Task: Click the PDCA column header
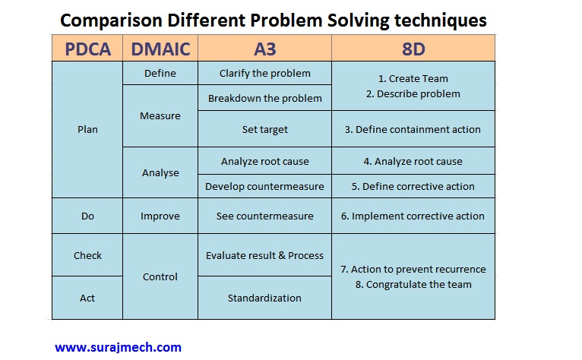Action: pyautogui.click(x=87, y=49)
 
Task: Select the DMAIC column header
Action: pyautogui.click(x=160, y=49)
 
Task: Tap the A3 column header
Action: pyautogui.click(x=264, y=49)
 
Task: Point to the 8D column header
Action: pyautogui.click(x=413, y=49)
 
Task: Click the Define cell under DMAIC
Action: pyautogui.click(x=160, y=74)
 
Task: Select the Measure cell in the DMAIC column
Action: pyautogui.click(x=160, y=116)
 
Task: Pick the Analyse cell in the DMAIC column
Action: pyautogui.click(x=160, y=172)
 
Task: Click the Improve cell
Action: pyautogui.click(x=160, y=216)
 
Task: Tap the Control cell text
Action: pyautogui.click(x=160, y=277)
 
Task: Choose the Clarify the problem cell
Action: pyautogui.click(x=264, y=74)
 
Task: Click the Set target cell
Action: pyautogui.click(x=264, y=129)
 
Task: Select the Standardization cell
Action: pyautogui.click(x=264, y=298)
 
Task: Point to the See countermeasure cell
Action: pyautogui.click(x=264, y=216)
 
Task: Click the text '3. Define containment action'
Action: pyautogui.click(x=413, y=130)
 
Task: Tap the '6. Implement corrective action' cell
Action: pyautogui.click(x=413, y=216)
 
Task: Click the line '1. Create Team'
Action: pyautogui.click(x=413, y=78)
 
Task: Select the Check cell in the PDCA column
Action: pyautogui.click(x=87, y=256)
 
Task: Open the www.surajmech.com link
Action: pyautogui.click(x=118, y=348)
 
